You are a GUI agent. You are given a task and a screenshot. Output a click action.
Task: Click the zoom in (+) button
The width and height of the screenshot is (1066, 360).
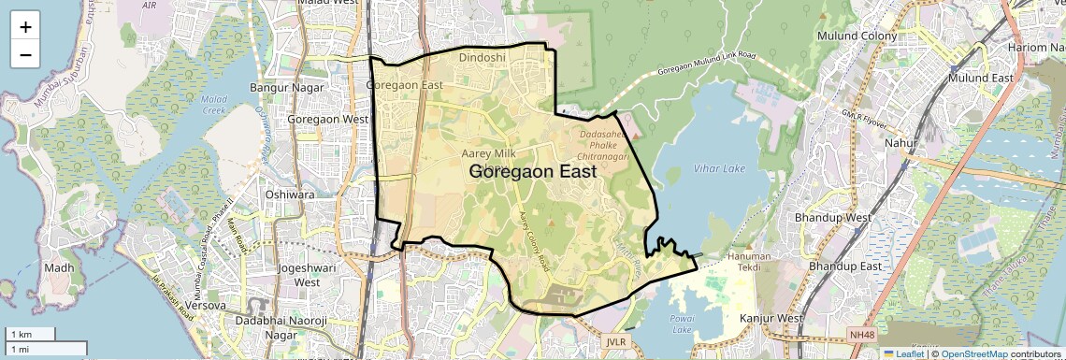25,27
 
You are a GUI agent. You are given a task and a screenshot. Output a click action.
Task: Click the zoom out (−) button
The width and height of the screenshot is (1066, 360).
25,54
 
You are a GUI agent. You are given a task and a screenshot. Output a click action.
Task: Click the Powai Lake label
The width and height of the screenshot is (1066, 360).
682,324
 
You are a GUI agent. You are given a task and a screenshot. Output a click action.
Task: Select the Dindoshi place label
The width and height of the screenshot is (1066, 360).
483,57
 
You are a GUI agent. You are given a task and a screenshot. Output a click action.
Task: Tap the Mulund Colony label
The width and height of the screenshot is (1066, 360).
857,36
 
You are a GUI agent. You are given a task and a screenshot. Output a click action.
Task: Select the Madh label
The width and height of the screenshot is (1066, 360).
58,267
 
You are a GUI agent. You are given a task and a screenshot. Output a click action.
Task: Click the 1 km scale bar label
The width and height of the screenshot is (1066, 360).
21,334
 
